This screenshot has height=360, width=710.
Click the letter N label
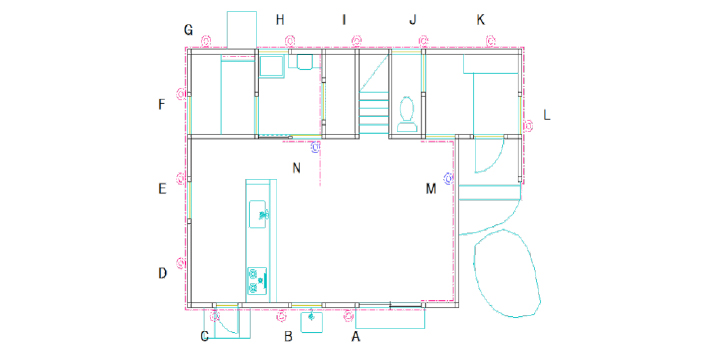coord(297,168)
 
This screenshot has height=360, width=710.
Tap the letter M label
coord(431,188)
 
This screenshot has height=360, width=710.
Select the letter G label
coord(188,30)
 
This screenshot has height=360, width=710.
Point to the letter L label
coord(547,115)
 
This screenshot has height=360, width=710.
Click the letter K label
coord(480,19)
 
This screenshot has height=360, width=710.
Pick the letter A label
coord(356,336)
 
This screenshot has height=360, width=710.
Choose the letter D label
coord(163,273)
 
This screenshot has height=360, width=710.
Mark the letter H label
coord(280,19)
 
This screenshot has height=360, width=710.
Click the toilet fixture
coord(407,114)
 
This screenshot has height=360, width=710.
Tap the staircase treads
coord(374,112)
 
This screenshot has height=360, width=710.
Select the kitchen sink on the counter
coord(258,214)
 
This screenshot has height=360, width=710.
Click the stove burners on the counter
coord(257,281)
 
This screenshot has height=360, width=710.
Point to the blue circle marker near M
coord(449,178)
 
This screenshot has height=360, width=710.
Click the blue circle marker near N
coord(316,147)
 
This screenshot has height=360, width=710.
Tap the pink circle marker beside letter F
coord(181,94)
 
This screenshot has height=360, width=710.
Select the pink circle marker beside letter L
coord(528,125)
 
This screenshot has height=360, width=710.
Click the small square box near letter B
coord(312,322)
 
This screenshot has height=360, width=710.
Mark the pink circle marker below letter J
coord(423,42)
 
